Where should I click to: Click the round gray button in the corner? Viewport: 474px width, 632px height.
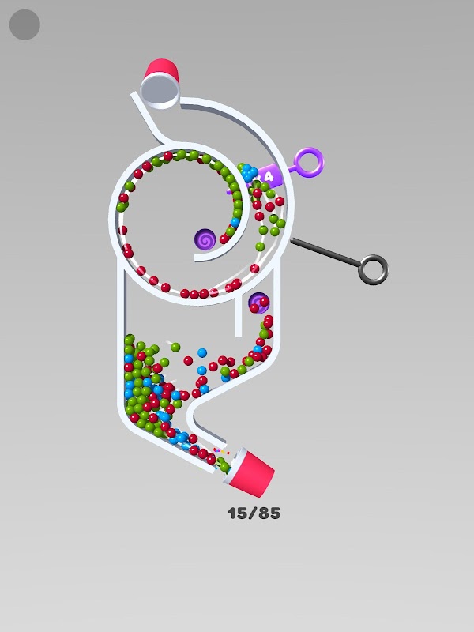coord(24,24)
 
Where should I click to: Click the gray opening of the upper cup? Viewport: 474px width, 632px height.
coord(160,91)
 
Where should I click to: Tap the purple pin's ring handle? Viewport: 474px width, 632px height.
coord(309,163)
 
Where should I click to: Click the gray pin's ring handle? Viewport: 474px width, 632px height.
coord(373,269)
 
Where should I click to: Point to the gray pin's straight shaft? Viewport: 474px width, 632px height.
coord(325,252)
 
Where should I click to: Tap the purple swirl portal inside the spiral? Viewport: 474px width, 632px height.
coord(205,239)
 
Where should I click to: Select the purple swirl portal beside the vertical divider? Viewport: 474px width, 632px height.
coord(259,303)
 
